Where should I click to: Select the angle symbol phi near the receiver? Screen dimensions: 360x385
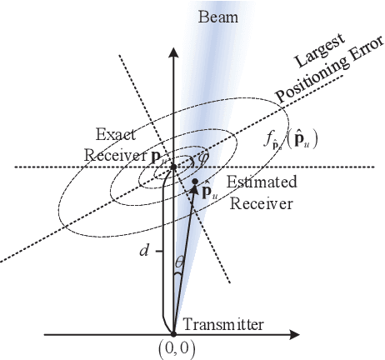[198, 155]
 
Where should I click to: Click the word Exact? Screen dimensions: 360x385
[111, 132]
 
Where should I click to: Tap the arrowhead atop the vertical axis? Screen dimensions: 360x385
[173, 52]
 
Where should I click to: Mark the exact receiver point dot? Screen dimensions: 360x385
[173, 167]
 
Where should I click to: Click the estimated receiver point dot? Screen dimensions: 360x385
[195, 181]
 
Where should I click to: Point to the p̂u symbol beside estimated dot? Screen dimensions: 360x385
[203, 195]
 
